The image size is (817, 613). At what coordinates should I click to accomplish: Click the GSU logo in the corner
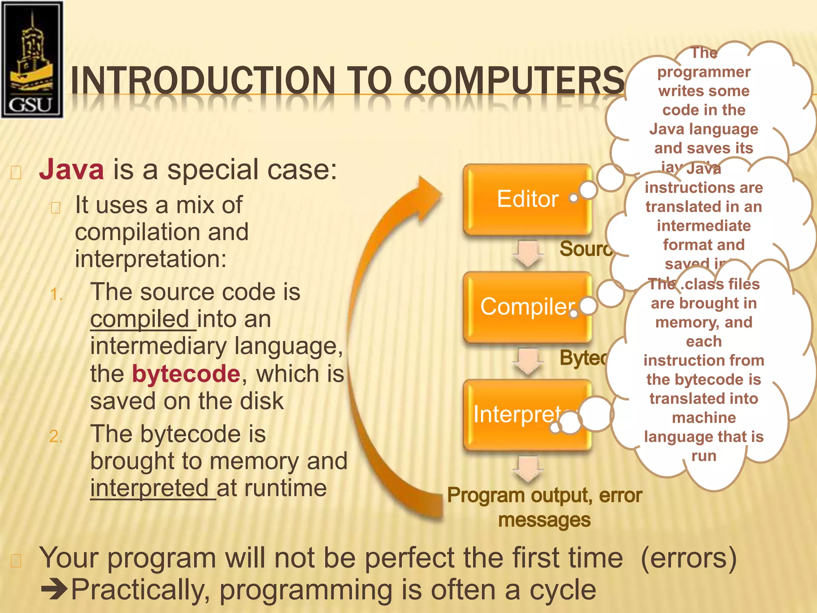click(32, 60)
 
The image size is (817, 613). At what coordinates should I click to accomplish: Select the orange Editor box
click(527, 199)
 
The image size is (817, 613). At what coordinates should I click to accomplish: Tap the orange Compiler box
click(527, 307)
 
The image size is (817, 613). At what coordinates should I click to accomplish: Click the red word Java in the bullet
click(72, 170)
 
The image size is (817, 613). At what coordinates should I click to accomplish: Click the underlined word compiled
click(140, 320)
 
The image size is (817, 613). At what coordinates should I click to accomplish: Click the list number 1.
click(56, 295)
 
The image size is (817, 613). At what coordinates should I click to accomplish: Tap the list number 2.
click(56, 436)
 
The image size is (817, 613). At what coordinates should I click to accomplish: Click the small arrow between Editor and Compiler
click(528, 253)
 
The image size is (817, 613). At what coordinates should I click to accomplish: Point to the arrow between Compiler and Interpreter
click(528, 361)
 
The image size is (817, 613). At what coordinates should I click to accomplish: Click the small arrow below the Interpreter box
click(528, 469)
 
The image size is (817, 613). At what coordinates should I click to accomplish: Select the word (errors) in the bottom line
click(689, 558)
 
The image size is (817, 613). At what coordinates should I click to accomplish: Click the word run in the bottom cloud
click(704, 456)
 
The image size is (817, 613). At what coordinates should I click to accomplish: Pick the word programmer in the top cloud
click(704, 72)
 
